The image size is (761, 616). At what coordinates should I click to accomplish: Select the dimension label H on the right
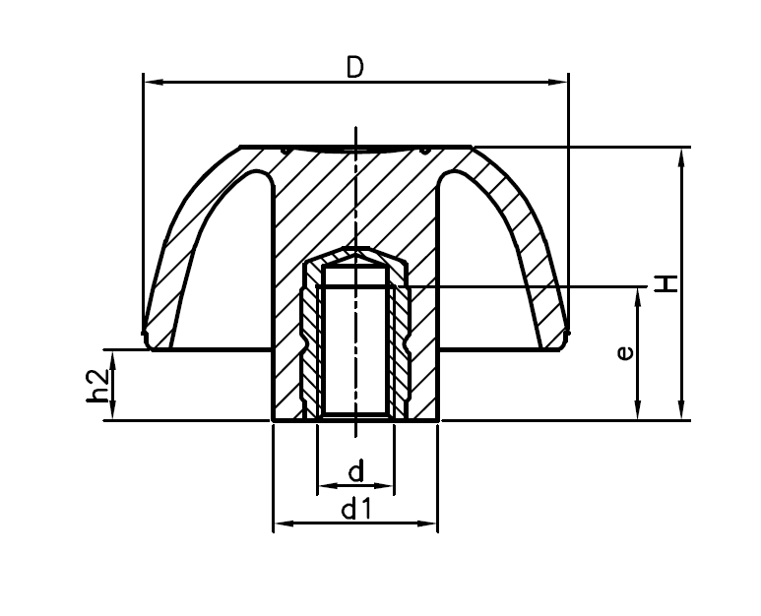pos(667,283)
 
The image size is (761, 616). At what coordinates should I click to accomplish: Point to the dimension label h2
pos(96,385)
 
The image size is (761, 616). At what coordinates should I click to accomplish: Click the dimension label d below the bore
pos(355,472)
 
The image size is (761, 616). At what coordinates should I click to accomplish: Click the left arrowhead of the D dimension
pos(151,82)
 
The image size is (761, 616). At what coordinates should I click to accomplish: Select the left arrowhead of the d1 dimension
pos(280,524)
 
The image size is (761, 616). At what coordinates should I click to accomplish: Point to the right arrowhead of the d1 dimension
pos(429,524)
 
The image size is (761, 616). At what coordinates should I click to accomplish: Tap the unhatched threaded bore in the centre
pos(355,344)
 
